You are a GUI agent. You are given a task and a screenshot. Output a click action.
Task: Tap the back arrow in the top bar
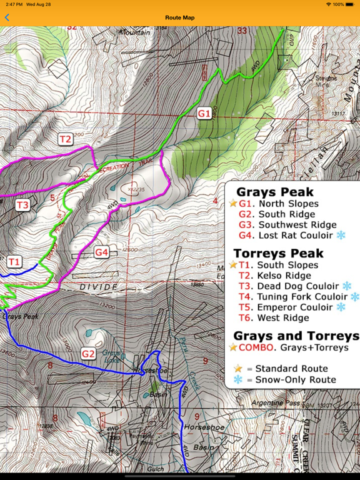pos(7,17)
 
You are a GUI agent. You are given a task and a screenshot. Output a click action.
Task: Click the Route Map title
pos(180,17)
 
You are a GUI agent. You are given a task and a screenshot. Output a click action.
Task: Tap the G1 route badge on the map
pos(204,113)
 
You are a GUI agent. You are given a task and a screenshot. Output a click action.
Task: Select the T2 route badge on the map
pos(66,139)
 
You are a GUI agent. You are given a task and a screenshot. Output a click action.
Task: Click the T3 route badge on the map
pos(22,204)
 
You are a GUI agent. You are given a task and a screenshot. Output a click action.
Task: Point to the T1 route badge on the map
pos(14,261)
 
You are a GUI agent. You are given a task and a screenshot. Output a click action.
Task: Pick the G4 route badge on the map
pos(102,252)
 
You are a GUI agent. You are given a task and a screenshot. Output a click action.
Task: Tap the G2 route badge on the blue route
pos(88,354)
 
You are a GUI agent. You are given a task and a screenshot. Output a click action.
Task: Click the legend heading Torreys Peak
pos(278,253)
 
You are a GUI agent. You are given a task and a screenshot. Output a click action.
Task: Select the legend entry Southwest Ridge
pos(297,224)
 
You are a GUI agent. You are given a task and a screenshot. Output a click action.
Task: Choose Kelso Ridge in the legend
pos(284,275)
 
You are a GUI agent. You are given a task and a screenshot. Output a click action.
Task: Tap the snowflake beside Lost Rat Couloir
pos(341,235)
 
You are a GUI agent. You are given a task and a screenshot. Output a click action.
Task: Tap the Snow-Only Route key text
pos(291,379)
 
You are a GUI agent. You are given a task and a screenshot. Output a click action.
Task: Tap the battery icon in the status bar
pos(350,4)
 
